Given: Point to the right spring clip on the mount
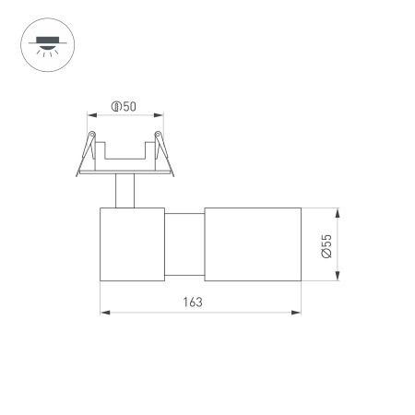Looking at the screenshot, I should pos(160,148).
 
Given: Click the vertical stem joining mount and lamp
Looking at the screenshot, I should pos(123,192).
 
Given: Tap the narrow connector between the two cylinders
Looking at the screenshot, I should pos(184,244).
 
